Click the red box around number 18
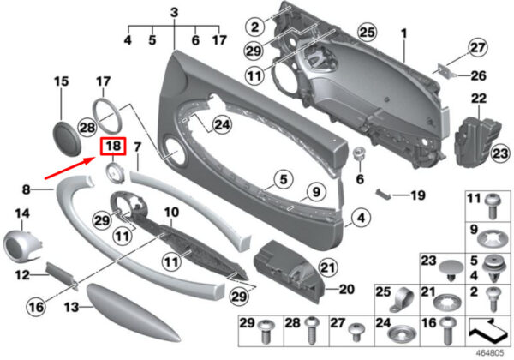pyautogui.click(x=113, y=145)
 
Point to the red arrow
pyautogui.click(x=70, y=168)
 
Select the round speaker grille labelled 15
pyautogui.click(x=66, y=138)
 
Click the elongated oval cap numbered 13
pyautogui.click(x=133, y=312)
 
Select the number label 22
pyautogui.click(x=479, y=98)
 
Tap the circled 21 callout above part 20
pyautogui.click(x=328, y=267)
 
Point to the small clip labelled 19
pyautogui.click(x=383, y=194)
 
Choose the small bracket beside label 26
pyautogui.click(x=445, y=71)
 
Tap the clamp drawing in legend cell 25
pyautogui.click(x=403, y=299)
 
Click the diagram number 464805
pyautogui.click(x=489, y=353)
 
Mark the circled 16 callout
pyautogui.click(x=36, y=306)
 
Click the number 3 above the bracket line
pyautogui.click(x=174, y=13)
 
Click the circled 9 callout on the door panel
pyautogui.click(x=315, y=192)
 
